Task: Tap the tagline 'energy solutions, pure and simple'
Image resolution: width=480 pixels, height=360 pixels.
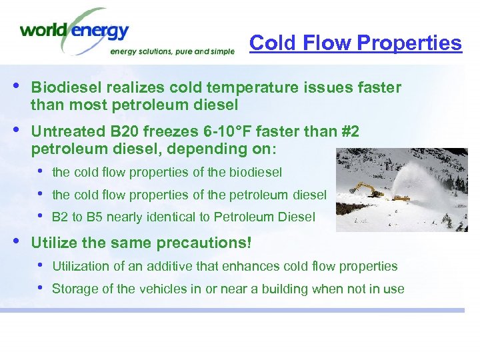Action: coord(171,51)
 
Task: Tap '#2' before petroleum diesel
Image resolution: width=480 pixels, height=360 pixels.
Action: coord(346,133)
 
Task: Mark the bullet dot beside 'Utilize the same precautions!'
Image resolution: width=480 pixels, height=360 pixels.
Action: coord(15,241)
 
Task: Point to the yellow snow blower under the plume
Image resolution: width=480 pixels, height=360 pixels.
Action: coord(401,197)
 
